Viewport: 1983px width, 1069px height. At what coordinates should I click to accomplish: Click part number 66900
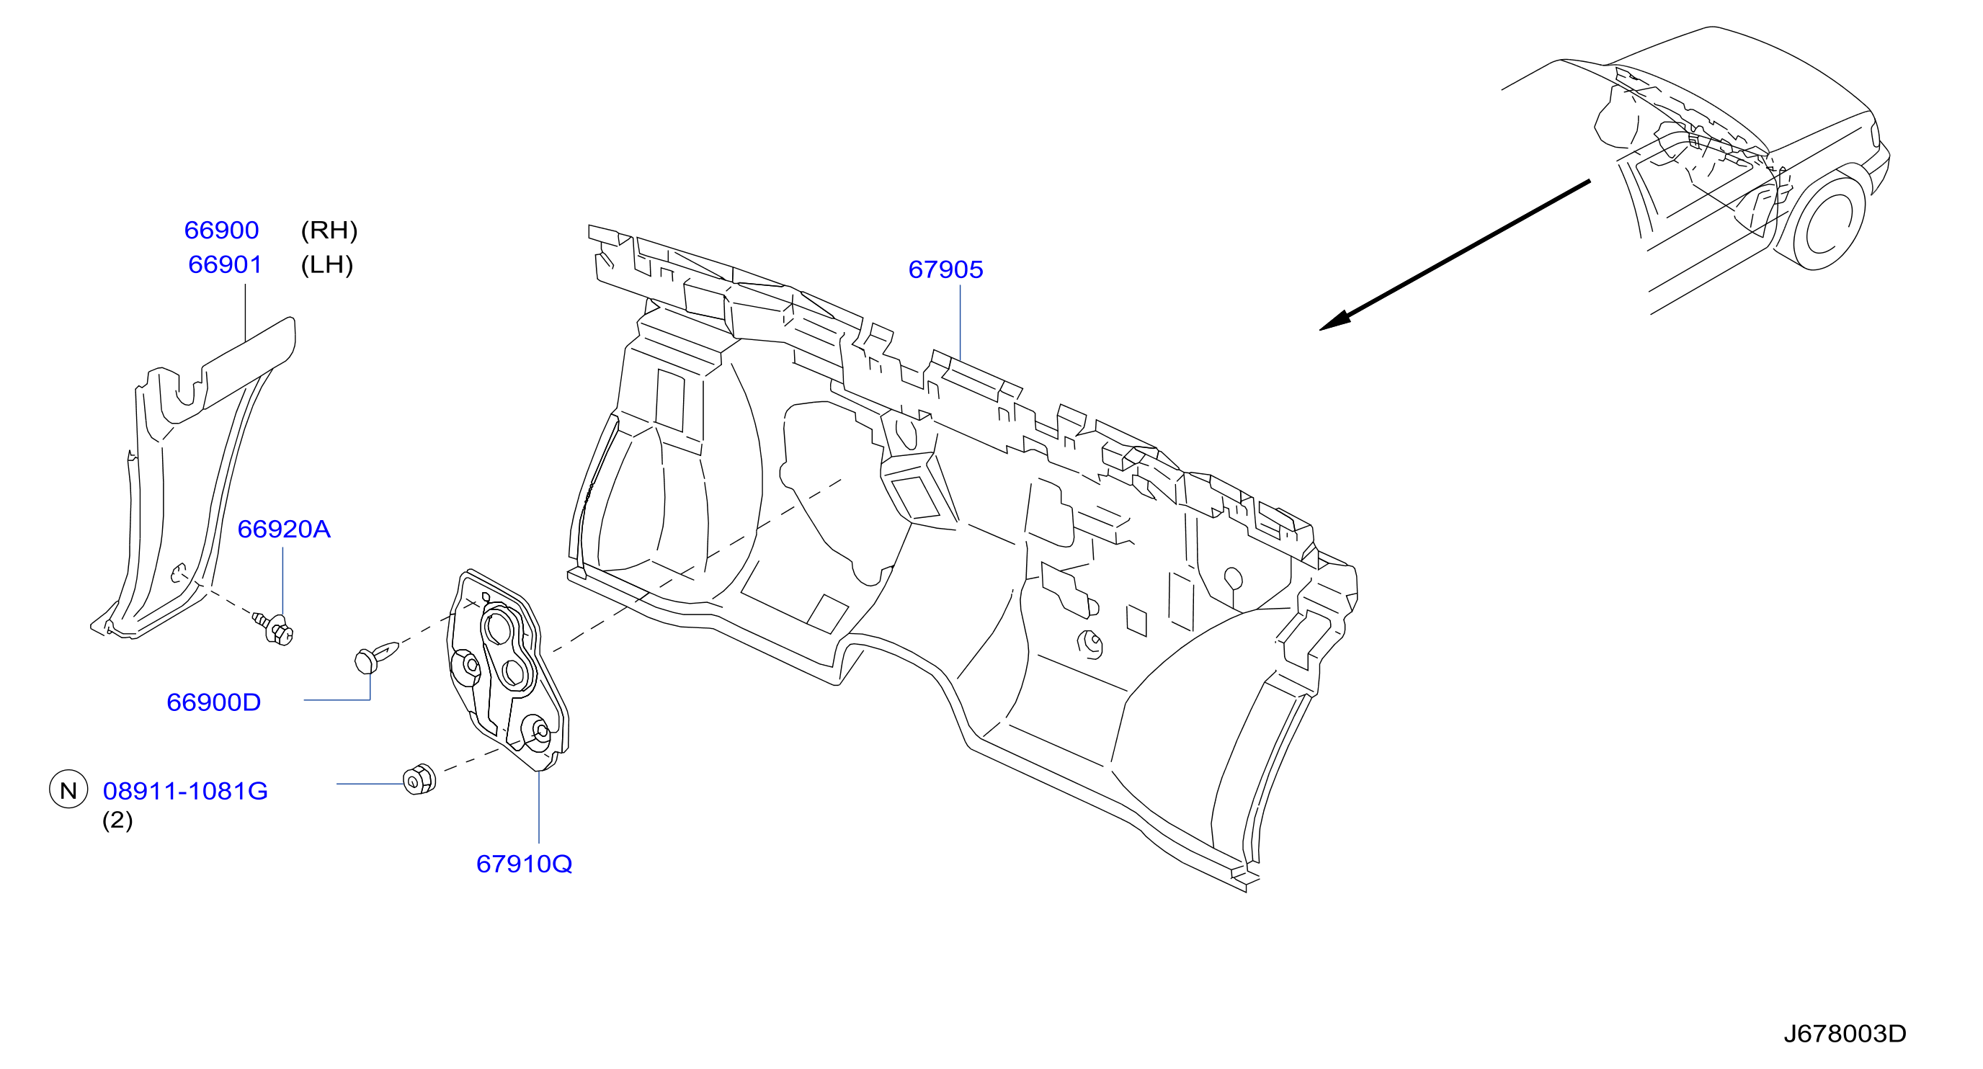[221, 230]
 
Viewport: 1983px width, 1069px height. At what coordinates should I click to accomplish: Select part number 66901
[225, 265]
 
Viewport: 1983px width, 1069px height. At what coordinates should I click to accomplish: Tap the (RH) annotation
[329, 230]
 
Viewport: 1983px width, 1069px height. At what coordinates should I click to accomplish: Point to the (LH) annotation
[326, 265]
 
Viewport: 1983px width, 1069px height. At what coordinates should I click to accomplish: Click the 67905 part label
[945, 269]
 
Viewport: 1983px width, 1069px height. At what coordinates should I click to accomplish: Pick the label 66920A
[283, 529]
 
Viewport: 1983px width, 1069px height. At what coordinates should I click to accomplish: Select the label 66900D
[213, 702]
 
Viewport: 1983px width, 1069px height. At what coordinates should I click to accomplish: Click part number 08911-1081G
[184, 790]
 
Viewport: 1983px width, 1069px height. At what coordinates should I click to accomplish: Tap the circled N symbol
[68, 790]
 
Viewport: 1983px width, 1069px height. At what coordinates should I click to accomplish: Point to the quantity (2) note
[117, 820]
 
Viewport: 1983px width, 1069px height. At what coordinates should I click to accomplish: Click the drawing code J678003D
[1845, 1034]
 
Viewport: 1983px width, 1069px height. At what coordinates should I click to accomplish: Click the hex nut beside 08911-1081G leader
[419, 779]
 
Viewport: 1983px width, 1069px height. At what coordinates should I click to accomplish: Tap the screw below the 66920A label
[275, 627]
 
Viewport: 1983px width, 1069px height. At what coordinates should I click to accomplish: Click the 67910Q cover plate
[508, 670]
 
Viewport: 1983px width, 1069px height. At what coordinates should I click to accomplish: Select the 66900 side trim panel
[192, 477]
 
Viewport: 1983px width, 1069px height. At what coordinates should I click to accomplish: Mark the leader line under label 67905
[960, 322]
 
